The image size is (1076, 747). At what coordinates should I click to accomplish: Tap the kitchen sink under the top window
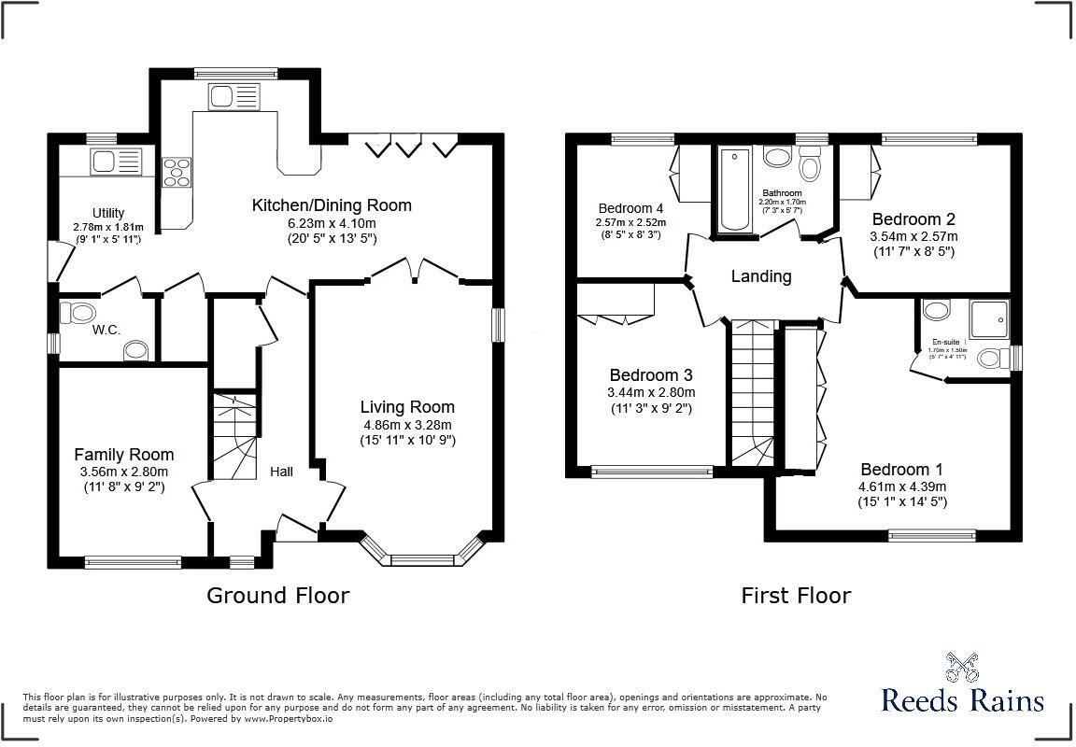(234, 97)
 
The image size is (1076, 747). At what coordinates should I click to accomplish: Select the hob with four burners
(175, 173)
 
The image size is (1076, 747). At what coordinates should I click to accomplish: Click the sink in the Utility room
(115, 161)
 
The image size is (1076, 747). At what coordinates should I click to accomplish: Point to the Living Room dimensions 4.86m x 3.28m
(407, 424)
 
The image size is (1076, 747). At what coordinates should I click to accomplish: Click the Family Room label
(123, 455)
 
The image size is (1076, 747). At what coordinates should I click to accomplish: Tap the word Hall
(281, 472)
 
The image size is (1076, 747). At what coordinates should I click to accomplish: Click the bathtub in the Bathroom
(734, 190)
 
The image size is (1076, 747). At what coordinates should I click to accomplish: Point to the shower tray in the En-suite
(990, 319)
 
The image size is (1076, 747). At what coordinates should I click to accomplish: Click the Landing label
(760, 276)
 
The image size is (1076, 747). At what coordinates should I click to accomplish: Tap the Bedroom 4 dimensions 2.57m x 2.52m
(630, 223)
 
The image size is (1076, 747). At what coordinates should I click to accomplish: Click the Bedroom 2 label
(913, 219)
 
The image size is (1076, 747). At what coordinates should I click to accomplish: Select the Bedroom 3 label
(651, 375)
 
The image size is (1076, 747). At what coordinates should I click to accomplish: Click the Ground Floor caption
(277, 595)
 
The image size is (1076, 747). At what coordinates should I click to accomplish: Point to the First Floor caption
(796, 595)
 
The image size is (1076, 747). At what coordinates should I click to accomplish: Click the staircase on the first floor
(754, 392)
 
